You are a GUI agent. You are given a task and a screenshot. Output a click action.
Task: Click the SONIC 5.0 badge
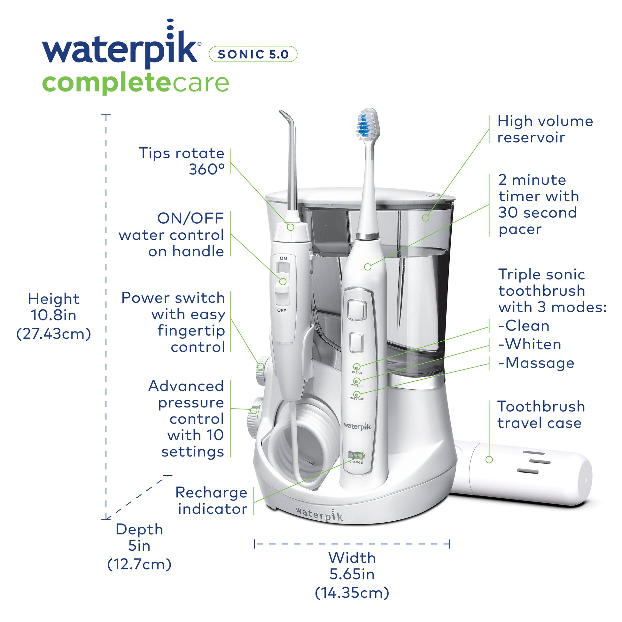(253, 54)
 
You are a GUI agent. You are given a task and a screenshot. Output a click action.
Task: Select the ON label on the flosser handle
(283, 258)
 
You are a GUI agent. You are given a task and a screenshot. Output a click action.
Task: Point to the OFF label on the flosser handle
(281, 310)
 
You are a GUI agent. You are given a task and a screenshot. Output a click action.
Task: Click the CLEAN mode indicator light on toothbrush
(356, 367)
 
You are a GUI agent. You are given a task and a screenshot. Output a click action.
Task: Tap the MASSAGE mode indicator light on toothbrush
(356, 394)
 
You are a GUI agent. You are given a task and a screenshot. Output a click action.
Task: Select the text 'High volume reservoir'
(545, 129)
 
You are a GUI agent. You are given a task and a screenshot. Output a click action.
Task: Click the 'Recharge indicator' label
(212, 501)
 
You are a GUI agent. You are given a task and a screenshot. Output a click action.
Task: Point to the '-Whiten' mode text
(530, 344)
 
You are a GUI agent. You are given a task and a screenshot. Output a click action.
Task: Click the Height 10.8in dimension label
(54, 315)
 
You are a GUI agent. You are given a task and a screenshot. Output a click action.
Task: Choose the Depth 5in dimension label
(139, 546)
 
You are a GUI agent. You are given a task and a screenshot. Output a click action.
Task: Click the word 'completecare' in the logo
(135, 83)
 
